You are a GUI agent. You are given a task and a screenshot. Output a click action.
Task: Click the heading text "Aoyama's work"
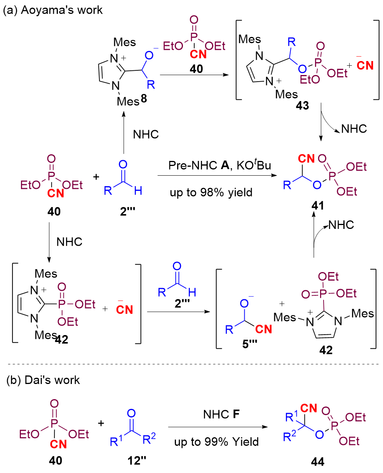62,10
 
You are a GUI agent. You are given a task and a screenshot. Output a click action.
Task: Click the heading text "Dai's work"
52,380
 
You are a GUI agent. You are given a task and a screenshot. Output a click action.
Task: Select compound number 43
302,105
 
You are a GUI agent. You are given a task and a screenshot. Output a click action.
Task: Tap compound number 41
317,206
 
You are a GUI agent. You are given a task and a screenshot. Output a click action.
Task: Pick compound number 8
144,98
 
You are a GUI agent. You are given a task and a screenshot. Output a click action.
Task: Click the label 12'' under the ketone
137,461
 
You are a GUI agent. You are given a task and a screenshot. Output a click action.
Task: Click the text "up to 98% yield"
211,192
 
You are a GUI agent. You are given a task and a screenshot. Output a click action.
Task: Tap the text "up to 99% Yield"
216,442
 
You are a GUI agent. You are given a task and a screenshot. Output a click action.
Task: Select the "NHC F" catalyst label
221,414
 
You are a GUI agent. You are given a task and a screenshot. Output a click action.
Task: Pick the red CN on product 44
308,408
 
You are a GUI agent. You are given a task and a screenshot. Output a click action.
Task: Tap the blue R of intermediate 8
151,85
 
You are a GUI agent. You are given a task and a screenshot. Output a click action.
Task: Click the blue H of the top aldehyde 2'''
138,190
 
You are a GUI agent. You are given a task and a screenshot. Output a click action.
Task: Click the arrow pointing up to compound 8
124,133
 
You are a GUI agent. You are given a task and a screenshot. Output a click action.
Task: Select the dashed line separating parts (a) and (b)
193,364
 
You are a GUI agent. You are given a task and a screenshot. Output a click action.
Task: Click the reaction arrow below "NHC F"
218,427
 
